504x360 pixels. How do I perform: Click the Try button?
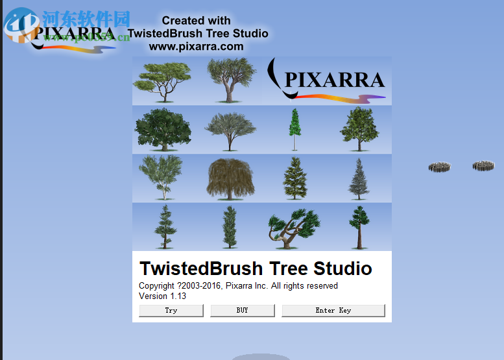171,311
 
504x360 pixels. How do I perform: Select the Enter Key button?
333,311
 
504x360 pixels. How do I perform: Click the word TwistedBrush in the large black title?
201,269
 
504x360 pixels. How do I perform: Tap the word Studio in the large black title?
342,269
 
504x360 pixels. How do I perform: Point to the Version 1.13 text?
162,296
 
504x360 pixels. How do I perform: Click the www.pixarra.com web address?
196,47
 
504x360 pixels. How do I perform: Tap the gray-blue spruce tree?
359,178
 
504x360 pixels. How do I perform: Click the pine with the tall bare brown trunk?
359,227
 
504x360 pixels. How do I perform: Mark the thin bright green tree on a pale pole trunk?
295,129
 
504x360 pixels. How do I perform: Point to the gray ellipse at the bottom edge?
261,356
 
